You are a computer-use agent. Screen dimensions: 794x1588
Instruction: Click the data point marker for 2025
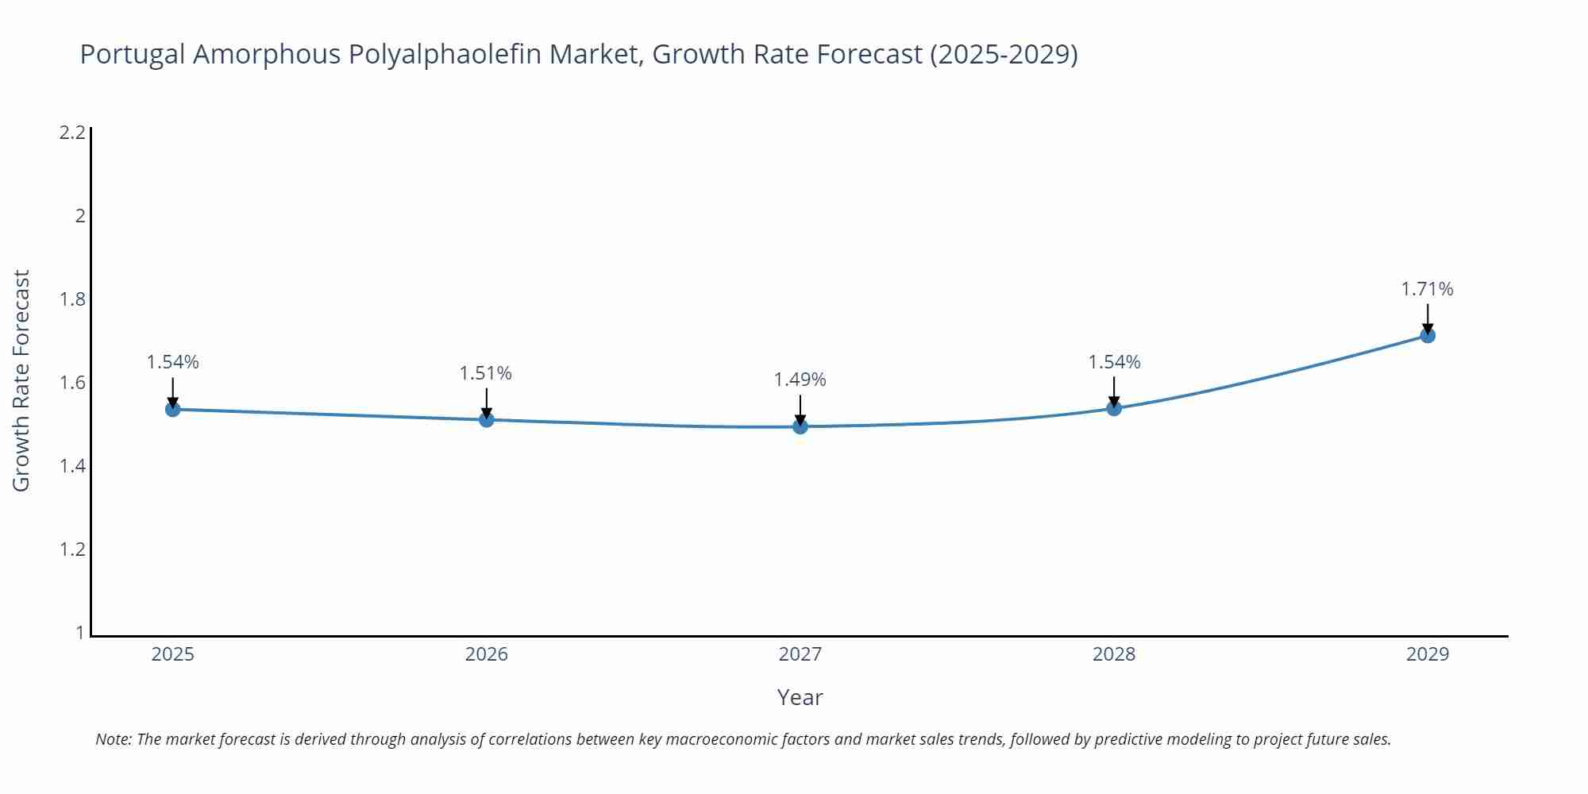(173, 409)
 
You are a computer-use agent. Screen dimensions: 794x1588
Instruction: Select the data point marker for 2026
(487, 419)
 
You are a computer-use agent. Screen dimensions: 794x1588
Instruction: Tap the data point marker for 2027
(800, 426)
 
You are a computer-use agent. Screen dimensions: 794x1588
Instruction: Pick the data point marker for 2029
(1428, 335)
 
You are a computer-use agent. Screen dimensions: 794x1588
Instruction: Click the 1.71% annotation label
(1427, 289)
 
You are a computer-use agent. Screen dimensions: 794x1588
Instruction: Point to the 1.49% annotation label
(800, 380)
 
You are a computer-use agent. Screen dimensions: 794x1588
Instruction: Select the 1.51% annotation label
(486, 372)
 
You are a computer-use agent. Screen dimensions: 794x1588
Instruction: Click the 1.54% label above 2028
(1114, 362)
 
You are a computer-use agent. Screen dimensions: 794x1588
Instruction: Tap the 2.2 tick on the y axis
(72, 133)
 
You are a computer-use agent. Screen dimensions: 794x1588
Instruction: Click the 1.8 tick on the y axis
(72, 299)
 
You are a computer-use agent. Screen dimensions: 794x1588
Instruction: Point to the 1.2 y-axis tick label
(72, 549)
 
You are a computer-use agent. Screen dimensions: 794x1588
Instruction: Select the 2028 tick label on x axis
(1114, 654)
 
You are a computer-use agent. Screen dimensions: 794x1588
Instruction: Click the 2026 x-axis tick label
(487, 654)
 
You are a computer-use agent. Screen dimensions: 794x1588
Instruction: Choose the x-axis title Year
(800, 697)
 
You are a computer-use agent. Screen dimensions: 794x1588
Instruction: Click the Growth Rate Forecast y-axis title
(21, 380)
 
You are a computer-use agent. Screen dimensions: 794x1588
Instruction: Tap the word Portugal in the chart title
(133, 55)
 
